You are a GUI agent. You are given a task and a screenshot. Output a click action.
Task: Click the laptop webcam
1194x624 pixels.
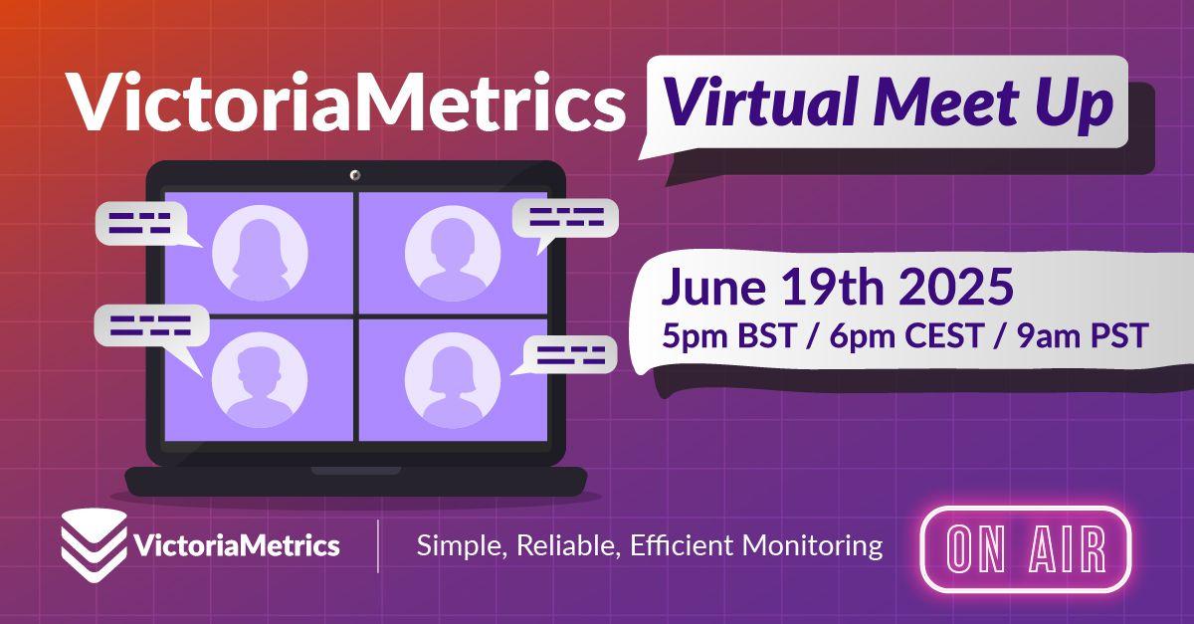click(354, 175)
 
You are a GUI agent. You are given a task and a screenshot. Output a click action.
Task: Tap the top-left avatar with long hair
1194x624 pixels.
click(260, 253)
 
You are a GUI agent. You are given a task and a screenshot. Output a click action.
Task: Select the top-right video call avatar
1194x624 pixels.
click(453, 253)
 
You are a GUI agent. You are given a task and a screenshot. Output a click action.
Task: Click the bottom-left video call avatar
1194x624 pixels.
click(260, 380)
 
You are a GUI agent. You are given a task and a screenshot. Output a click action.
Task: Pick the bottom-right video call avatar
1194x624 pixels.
click(453, 380)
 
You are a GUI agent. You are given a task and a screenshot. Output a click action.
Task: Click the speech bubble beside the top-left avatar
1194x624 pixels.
click(143, 224)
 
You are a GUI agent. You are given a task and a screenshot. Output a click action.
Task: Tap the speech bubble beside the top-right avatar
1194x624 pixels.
click(565, 219)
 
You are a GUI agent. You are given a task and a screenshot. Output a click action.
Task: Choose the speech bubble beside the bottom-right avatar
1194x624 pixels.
click(569, 355)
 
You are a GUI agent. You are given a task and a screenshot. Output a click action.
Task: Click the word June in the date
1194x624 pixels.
click(713, 287)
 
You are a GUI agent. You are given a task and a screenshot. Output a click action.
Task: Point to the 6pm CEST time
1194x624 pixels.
click(905, 335)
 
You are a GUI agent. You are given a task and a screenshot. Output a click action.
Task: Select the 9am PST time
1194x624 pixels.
click(1083, 335)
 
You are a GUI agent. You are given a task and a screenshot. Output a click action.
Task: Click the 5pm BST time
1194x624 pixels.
click(729, 336)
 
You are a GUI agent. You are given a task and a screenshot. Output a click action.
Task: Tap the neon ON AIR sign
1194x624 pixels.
click(1026, 549)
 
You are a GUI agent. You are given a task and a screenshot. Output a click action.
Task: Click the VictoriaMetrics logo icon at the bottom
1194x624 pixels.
click(94, 545)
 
